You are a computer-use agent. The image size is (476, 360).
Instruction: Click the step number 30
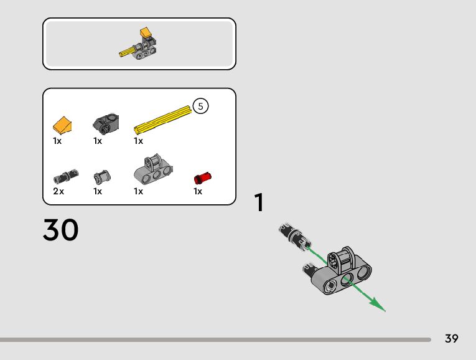point(61,230)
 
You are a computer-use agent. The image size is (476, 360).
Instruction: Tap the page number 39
point(452,339)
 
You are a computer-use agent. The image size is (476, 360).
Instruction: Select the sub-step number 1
point(259,203)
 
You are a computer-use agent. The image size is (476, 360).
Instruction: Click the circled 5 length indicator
point(200,107)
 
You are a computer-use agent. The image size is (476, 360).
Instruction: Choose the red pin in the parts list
point(203,177)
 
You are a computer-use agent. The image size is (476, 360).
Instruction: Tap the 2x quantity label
point(58,192)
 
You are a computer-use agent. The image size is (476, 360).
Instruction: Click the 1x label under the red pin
point(198,192)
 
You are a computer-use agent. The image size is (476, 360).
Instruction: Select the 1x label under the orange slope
point(57,141)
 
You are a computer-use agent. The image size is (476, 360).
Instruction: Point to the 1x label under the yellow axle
point(138,141)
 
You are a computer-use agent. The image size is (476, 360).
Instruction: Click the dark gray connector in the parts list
point(106,123)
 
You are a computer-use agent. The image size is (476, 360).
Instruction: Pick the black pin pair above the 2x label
point(67,174)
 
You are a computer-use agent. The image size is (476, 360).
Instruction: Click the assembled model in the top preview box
point(141,43)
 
